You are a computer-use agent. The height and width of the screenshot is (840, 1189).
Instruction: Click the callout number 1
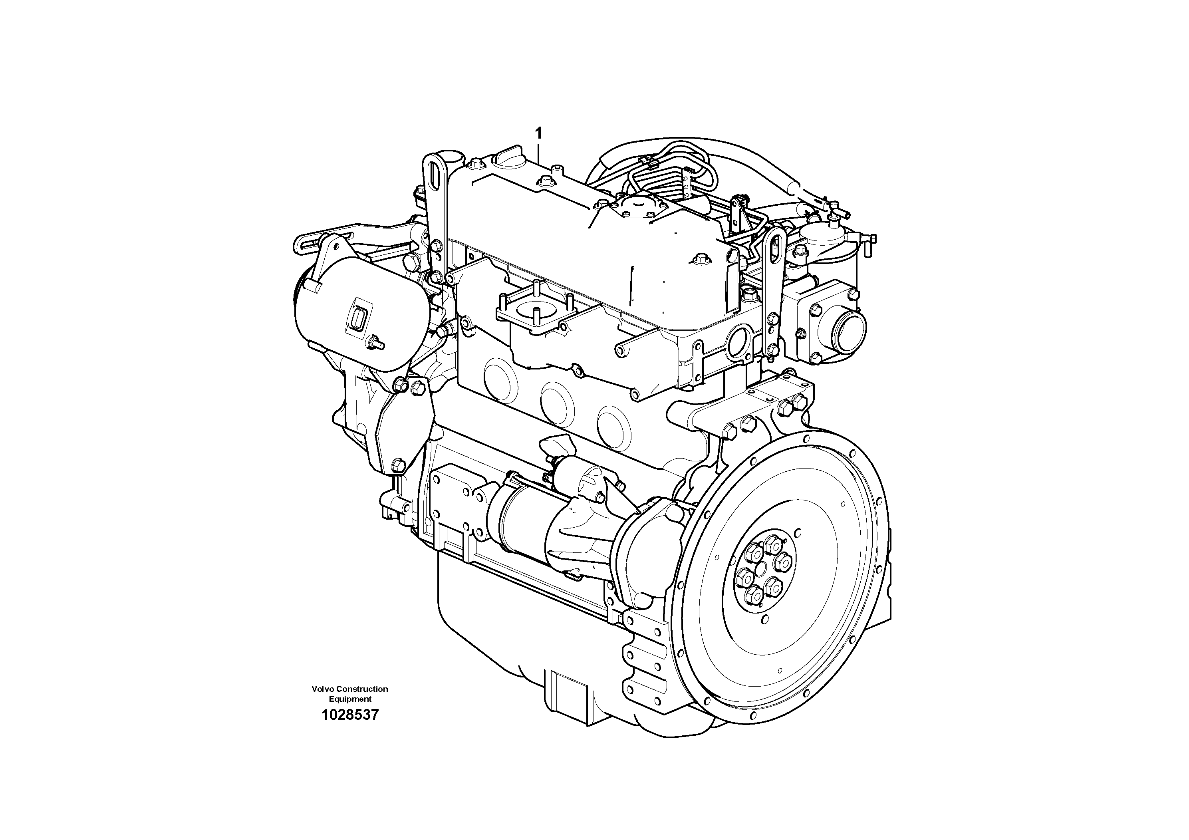538,134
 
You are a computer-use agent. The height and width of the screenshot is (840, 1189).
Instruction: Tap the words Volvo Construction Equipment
350,694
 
